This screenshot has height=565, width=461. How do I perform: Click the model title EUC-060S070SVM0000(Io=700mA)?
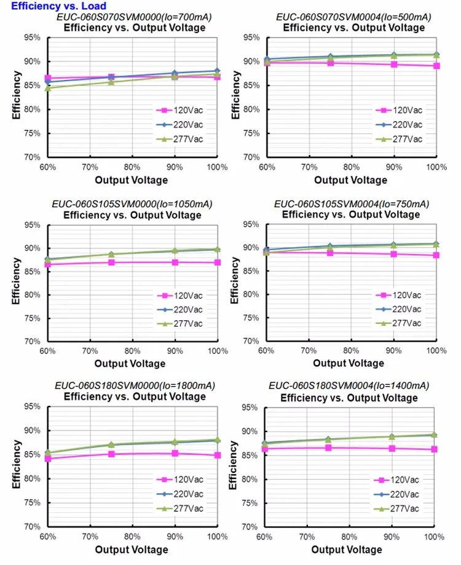point(132,18)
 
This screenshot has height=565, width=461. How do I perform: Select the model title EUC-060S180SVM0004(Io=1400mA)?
point(350,385)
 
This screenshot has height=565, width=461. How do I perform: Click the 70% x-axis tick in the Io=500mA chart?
point(309,167)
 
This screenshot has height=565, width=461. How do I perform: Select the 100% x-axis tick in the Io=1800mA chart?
point(216,536)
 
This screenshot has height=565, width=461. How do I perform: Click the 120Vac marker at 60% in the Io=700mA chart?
point(48,78)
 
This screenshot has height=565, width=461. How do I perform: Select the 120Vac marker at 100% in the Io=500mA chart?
point(436,66)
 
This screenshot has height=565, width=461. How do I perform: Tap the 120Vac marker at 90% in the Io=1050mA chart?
point(175,263)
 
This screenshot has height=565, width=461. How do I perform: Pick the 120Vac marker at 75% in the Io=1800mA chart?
point(111,454)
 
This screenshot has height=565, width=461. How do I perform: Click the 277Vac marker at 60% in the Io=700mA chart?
point(48,88)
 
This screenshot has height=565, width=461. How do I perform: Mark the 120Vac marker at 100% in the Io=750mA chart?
point(436,255)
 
